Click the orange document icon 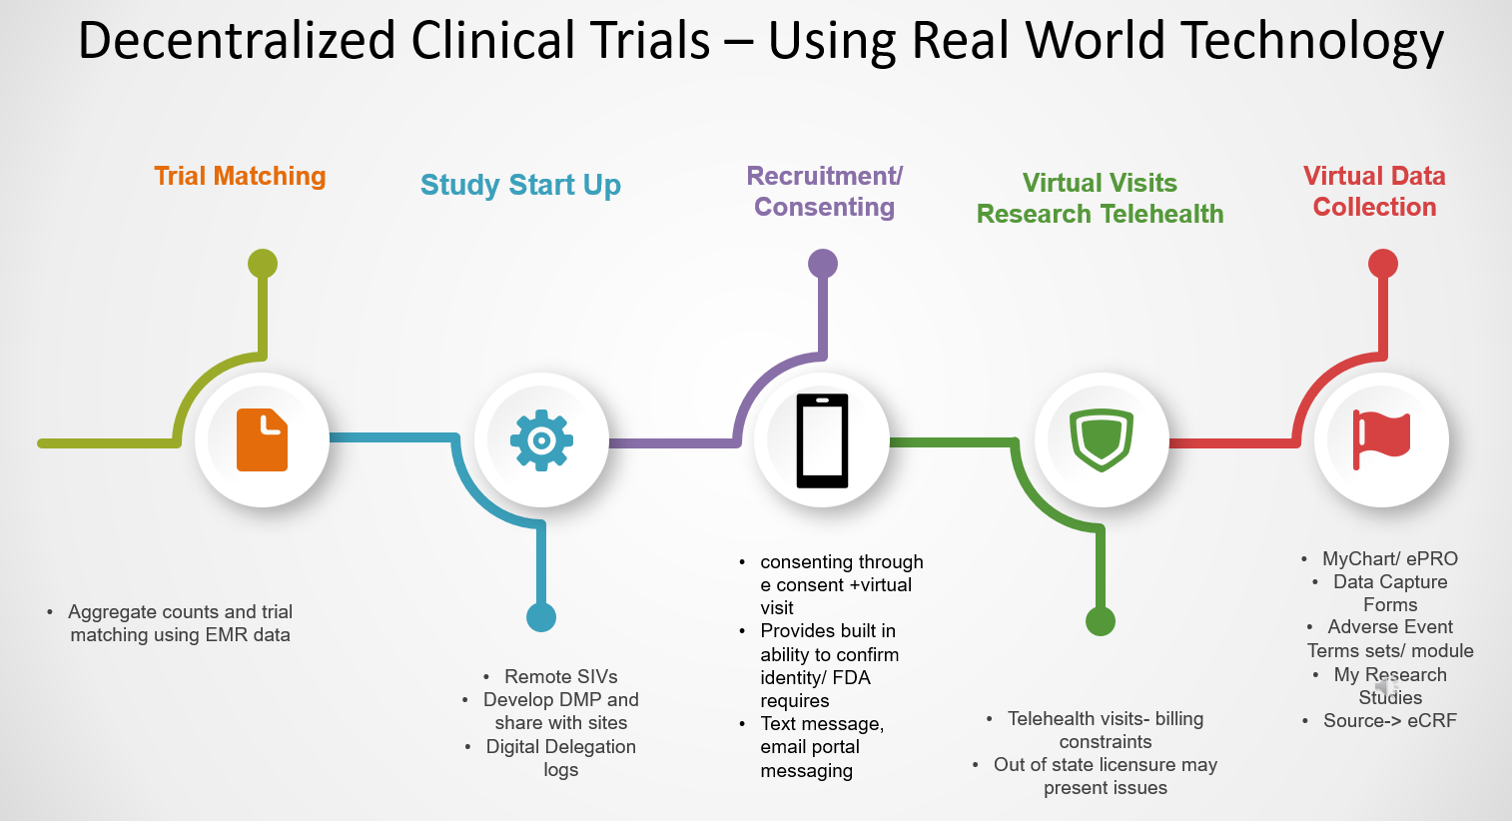pyautogui.click(x=262, y=440)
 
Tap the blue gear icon pyautogui.click(x=541, y=440)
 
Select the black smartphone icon pyautogui.click(x=822, y=440)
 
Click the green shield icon pyautogui.click(x=1101, y=440)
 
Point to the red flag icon pyautogui.click(x=1381, y=439)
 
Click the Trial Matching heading pyautogui.click(x=240, y=177)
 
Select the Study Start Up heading pyautogui.click(x=520, y=186)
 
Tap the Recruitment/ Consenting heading pyautogui.click(x=824, y=192)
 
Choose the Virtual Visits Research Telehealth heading pyautogui.click(x=1100, y=199)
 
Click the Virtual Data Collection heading pyautogui.click(x=1374, y=192)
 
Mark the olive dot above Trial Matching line pyautogui.click(x=263, y=264)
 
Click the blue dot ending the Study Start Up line pyautogui.click(x=541, y=617)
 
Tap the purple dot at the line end pyautogui.click(x=823, y=264)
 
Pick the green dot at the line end pyautogui.click(x=1101, y=621)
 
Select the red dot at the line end pyautogui.click(x=1383, y=264)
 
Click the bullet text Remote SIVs pyautogui.click(x=560, y=677)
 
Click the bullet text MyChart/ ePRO pyautogui.click(x=1389, y=559)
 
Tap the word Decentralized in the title pyautogui.click(x=238, y=42)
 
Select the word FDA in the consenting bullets pyautogui.click(x=852, y=678)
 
